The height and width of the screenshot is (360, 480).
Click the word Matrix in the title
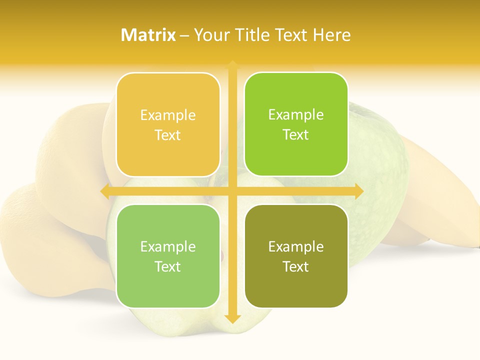pos(148,35)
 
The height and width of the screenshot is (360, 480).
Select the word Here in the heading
pos(332,35)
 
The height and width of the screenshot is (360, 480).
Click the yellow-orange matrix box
pos(168,124)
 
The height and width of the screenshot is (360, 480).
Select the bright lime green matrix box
pos(296,124)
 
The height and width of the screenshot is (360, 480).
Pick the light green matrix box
pos(168,256)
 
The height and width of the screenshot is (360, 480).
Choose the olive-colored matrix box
pos(296,256)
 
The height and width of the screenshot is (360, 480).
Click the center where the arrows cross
pos(232,191)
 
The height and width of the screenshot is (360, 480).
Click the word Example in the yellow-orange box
pos(168,115)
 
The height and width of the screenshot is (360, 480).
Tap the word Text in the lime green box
pos(296,134)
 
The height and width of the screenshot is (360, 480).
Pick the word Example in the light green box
pos(168,246)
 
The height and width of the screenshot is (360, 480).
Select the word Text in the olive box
pos(296,266)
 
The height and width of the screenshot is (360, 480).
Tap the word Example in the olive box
pos(296,246)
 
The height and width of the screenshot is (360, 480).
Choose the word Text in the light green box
pos(168,266)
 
